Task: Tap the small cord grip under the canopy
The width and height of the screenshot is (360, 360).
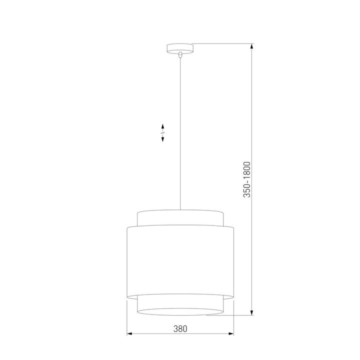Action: tap(179, 55)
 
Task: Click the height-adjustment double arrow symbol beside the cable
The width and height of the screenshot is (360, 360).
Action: tap(163, 133)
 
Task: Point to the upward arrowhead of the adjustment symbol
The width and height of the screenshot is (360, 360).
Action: tap(163, 125)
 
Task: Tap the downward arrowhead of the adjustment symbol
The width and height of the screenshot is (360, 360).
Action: tap(163, 140)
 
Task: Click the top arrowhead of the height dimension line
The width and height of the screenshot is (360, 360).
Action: tap(252, 46)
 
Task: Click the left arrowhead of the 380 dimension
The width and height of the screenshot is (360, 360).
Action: tap(129, 334)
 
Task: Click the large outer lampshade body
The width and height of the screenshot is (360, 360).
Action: tap(179, 260)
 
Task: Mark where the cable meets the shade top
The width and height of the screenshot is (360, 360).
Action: tap(179, 209)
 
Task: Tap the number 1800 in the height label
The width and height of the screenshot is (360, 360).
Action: tap(246, 170)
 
